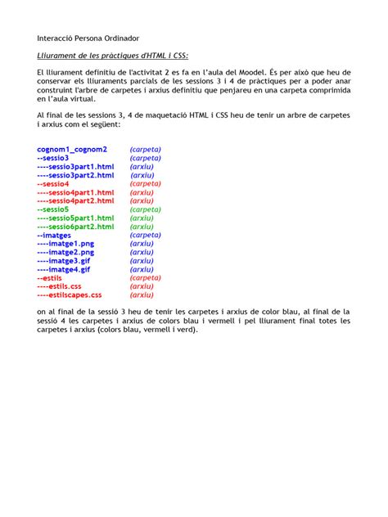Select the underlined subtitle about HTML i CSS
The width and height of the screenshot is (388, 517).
click(x=113, y=56)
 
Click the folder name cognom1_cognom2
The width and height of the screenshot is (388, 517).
click(x=72, y=150)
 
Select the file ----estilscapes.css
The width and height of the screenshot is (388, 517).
click(x=69, y=295)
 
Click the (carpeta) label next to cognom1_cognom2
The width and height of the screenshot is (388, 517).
click(x=146, y=150)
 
